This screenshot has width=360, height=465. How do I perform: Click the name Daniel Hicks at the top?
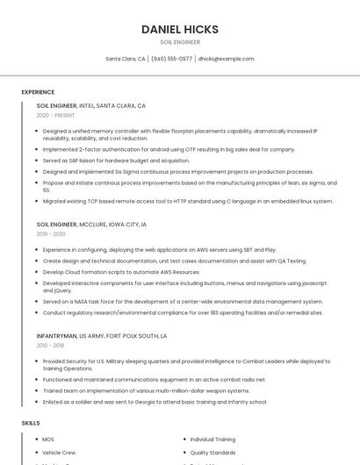point(179,29)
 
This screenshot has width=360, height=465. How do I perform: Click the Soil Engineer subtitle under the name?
point(179,42)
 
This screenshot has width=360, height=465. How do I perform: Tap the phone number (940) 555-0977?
point(171,59)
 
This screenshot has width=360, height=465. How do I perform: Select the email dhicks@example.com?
point(226,59)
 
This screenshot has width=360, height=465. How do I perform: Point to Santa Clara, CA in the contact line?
point(126,59)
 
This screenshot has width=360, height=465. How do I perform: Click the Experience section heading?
point(38,92)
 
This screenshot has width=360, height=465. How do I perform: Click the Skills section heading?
point(31,423)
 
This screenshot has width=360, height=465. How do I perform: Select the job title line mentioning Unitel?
point(91,105)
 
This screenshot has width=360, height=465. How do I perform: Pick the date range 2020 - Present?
point(55,115)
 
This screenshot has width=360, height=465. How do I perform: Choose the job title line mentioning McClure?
point(91,225)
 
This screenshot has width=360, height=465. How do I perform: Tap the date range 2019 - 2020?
point(51,234)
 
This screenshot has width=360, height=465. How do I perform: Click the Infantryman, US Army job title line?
point(102,336)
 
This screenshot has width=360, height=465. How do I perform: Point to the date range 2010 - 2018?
point(50,346)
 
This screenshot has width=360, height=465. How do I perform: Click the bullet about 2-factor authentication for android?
point(169,149)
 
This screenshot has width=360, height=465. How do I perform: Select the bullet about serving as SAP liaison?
point(116,161)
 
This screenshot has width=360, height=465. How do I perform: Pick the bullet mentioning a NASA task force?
point(183,301)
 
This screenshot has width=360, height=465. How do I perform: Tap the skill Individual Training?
point(212,439)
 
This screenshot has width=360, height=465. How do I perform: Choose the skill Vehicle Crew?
point(59,453)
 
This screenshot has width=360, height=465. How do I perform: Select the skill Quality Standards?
point(212,453)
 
